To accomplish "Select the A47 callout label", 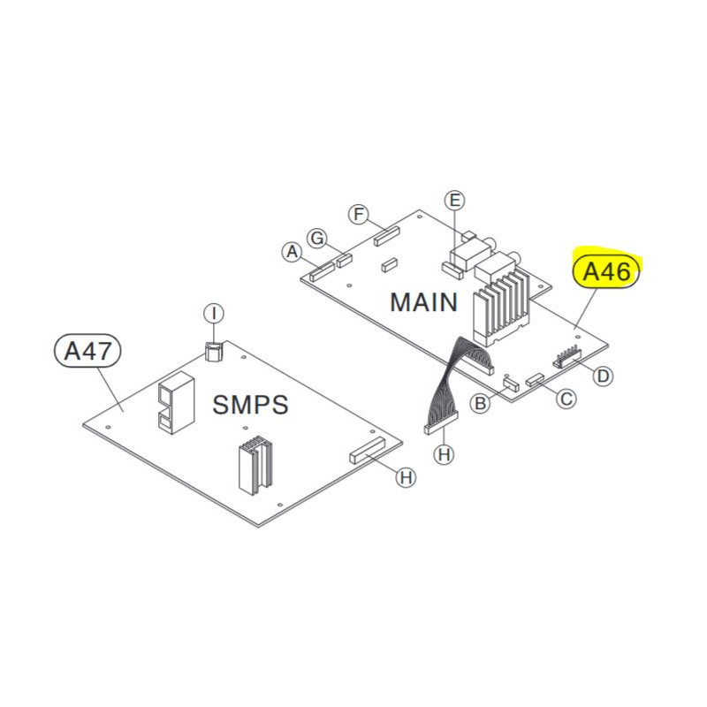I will click(88, 351).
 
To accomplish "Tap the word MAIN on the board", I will click(424, 302).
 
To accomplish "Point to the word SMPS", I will click(251, 405).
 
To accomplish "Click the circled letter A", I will click(291, 253).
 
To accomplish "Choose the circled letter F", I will click(358, 215).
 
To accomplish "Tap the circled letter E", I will click(455, 201).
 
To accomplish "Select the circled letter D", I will click(602, 376).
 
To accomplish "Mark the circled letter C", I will click(566, 399).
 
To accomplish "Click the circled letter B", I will click(480, 404).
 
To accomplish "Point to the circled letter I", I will click(213, 313).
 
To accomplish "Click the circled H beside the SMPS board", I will click(405, 478).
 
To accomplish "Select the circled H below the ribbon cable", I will click(444, 455).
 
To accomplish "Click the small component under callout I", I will click(213, 352).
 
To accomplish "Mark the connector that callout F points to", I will click(386, 237).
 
